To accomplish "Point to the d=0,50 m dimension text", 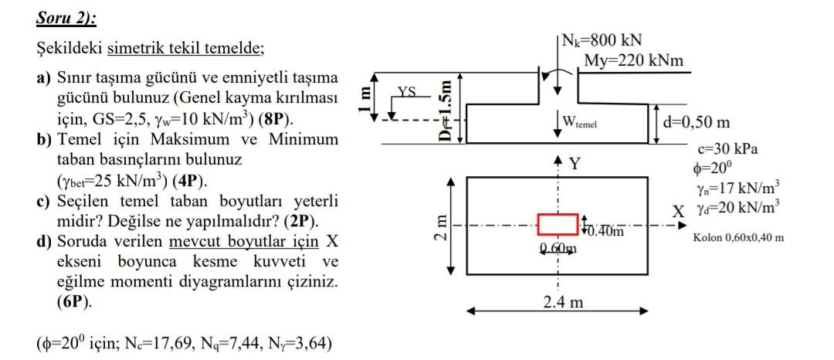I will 703,122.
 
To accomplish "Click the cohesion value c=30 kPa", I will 725,147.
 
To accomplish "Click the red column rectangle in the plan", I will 557,225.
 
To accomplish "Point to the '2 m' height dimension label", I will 439,228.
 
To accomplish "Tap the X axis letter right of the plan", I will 677,211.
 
